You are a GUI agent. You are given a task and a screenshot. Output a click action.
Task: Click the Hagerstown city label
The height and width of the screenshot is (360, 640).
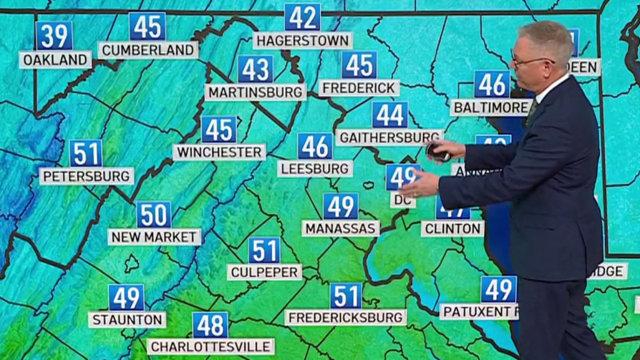302,40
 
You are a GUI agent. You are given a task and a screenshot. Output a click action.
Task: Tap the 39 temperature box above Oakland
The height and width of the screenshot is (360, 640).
54,36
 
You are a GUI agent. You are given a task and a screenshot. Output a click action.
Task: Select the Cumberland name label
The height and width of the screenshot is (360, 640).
148,50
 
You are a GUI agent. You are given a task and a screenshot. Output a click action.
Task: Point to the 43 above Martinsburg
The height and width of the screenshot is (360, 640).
255,69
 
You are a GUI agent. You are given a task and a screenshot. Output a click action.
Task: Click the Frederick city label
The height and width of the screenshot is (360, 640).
359,87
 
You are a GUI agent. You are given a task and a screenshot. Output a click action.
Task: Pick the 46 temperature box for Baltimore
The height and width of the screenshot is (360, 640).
492,84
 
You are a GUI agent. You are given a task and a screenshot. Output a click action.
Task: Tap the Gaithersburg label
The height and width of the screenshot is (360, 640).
389,137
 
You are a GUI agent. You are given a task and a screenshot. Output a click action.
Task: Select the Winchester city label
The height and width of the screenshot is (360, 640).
219,152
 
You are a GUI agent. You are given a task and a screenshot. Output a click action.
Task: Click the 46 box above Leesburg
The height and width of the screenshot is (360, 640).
315,146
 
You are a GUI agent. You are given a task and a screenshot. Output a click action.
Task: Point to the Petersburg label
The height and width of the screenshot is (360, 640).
86,175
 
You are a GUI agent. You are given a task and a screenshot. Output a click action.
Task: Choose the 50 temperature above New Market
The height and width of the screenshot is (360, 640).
154,214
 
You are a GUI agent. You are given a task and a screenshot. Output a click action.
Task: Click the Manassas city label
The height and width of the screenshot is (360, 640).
341,228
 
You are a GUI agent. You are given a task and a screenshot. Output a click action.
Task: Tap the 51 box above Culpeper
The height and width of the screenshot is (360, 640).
264,251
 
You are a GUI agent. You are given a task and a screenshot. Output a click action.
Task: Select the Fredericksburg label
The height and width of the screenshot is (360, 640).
346,317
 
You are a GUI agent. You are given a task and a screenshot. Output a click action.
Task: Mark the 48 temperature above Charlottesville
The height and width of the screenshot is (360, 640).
210,325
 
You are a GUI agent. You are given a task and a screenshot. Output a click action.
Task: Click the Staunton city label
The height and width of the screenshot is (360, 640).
127,319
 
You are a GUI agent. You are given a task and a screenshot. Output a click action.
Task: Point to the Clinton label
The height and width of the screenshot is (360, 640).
452,228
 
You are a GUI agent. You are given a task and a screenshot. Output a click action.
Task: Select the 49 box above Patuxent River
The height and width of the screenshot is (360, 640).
499,290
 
